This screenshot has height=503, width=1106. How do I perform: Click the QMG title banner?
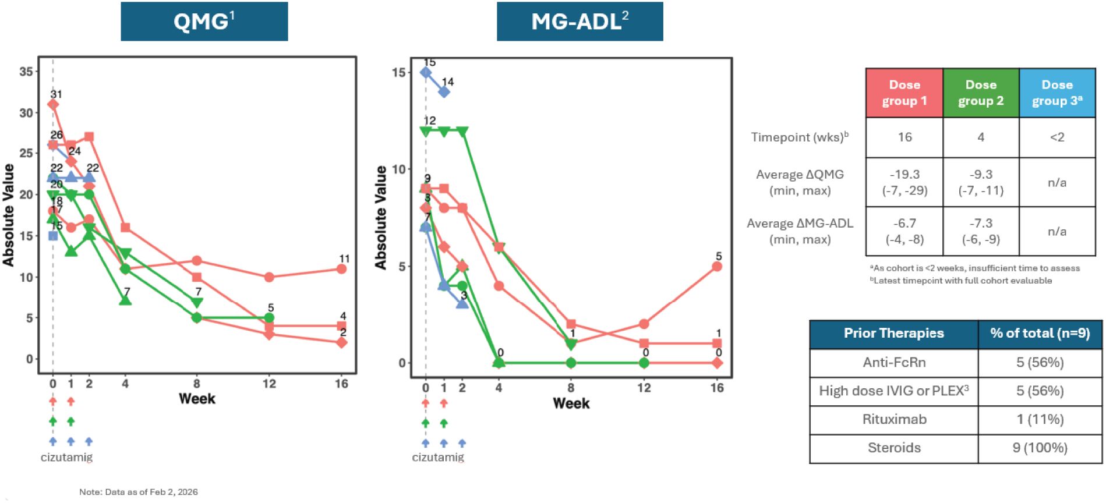pyautogui.click(x=204, y=22)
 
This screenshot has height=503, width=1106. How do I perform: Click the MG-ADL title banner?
pyautogui.click(x=579, y=22)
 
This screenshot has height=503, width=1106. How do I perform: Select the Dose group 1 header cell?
pyautogui.click(x=904, y=93)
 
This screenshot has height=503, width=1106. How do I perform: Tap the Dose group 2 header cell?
pyautogui.click(x=981, y=93)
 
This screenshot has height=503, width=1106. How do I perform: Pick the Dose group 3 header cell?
pyautogui.click(x=1057, y=93)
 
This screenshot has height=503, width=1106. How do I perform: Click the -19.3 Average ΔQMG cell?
pyautogui.click(x=904, y=182)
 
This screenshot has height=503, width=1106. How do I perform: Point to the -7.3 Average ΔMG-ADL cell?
pyautogui.click(x=981, y=231)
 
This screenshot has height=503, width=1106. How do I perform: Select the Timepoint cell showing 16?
pyautogui.click(x=904, y=137)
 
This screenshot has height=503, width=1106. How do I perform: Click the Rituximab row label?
pyautogui.click(x=894, y=420)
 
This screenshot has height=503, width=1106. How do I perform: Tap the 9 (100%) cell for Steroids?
pyautogui.click(x=1040, y=448)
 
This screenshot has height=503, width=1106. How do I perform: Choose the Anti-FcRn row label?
pyautogui.click(x=894, y=363)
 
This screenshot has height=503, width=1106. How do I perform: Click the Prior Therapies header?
pyautogui.click(x=894, y=334)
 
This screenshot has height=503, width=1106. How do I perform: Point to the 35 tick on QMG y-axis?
pyautogui.click(x=26, y=72)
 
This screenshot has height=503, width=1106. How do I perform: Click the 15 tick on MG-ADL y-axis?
pyautogui.click(x=398, y=73)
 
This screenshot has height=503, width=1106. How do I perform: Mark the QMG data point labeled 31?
pyautogui.click(x=53, y=105)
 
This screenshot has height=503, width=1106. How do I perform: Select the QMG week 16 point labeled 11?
pyautogui.click(x=341, y=269)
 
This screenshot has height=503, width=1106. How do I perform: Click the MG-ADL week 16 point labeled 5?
pyautogui.click(x=717, y=267)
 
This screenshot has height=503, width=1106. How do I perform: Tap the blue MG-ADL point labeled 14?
pyautogui.click(x=444, y=92)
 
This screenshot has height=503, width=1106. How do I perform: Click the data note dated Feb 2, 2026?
pyautogui.click(x=139, y=492)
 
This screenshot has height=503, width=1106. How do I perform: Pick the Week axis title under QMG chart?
pyautogui.click(x=197, y=399)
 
